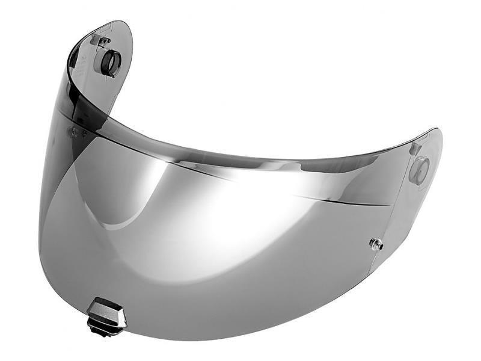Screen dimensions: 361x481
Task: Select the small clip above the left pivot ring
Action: (100, 41)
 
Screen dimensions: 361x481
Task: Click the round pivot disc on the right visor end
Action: (420, 171)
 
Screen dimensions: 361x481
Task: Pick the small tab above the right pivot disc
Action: (414, 148)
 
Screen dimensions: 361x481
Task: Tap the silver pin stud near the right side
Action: (376, 244)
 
